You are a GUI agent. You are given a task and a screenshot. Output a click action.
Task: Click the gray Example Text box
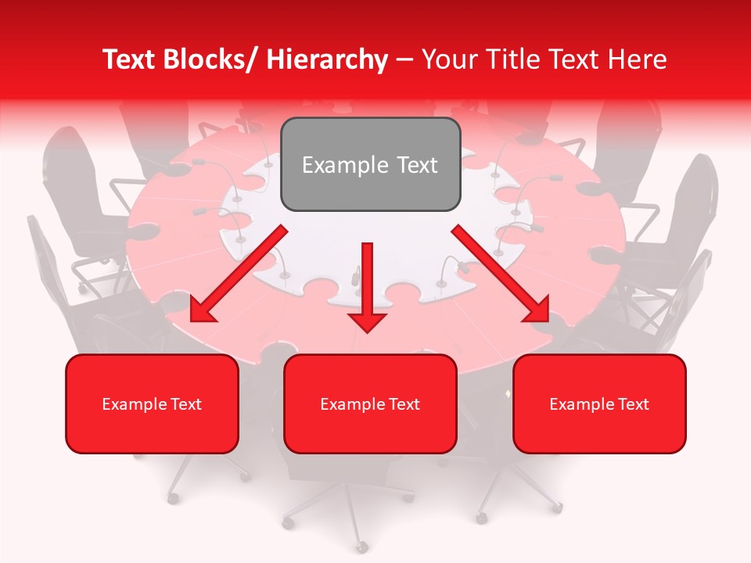tap(370, 164)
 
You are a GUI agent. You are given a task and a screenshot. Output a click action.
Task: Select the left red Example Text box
tap(152, 403)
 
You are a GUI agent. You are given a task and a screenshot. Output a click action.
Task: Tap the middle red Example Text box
tap(370, 403)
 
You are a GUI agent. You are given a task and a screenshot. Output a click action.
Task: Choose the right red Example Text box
tap(599, 403)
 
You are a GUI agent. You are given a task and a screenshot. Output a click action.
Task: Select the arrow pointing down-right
tap(501, 274)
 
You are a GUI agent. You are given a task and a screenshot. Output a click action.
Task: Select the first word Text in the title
tap(131, 59)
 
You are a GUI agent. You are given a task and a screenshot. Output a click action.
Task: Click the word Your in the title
tap(447, 59)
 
